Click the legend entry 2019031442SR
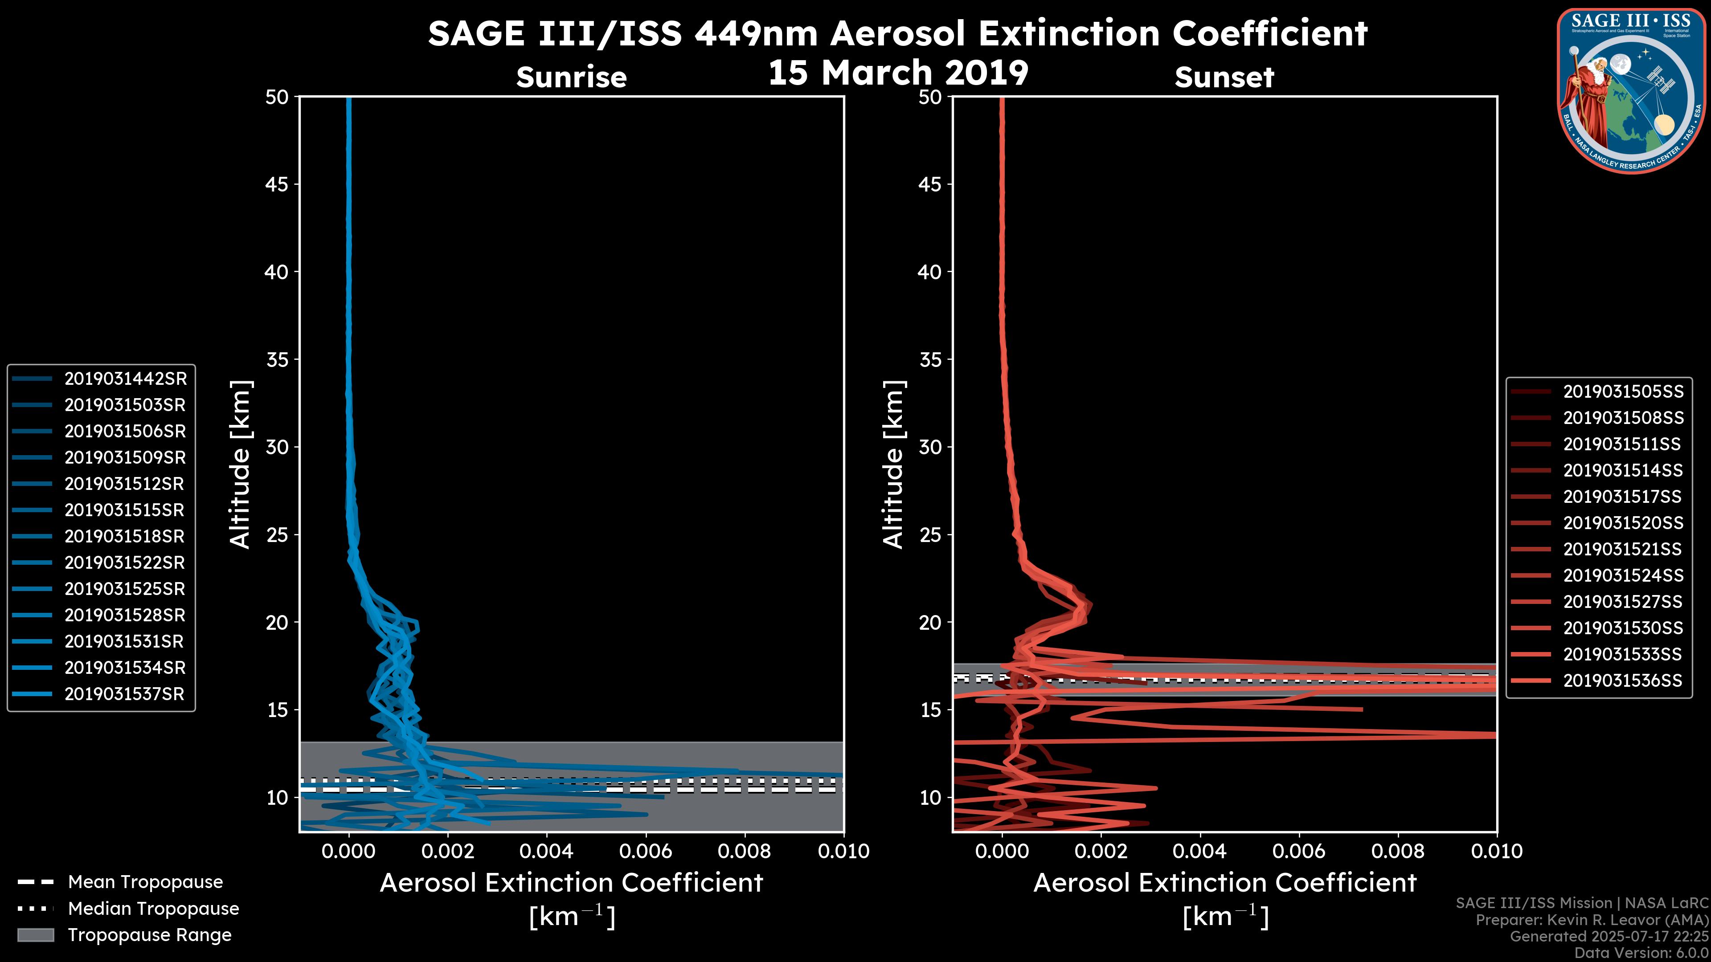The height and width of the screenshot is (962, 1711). tap(125, 379)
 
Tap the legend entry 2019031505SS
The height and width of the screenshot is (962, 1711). tap(1623, 392)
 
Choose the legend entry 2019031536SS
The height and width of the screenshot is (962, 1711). tap(1623, 681)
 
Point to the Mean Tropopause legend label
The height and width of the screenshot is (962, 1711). tap(145, 882)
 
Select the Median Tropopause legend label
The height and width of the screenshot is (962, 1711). tap(153, 909)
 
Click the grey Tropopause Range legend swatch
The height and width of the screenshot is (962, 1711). tap(35, 935)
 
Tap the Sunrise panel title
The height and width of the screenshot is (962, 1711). tap(571, 77)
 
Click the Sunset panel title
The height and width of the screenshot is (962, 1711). tap(1224, 77)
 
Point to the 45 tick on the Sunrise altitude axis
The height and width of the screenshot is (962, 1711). tap(278, 184)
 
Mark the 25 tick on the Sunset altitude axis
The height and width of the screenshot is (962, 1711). tap(930, 535)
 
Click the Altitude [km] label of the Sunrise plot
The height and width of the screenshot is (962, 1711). tap(241, 464)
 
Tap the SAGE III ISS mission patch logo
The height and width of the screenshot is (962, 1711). tap(1631, 91)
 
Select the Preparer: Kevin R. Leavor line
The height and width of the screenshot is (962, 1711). tap(1592, 920)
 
